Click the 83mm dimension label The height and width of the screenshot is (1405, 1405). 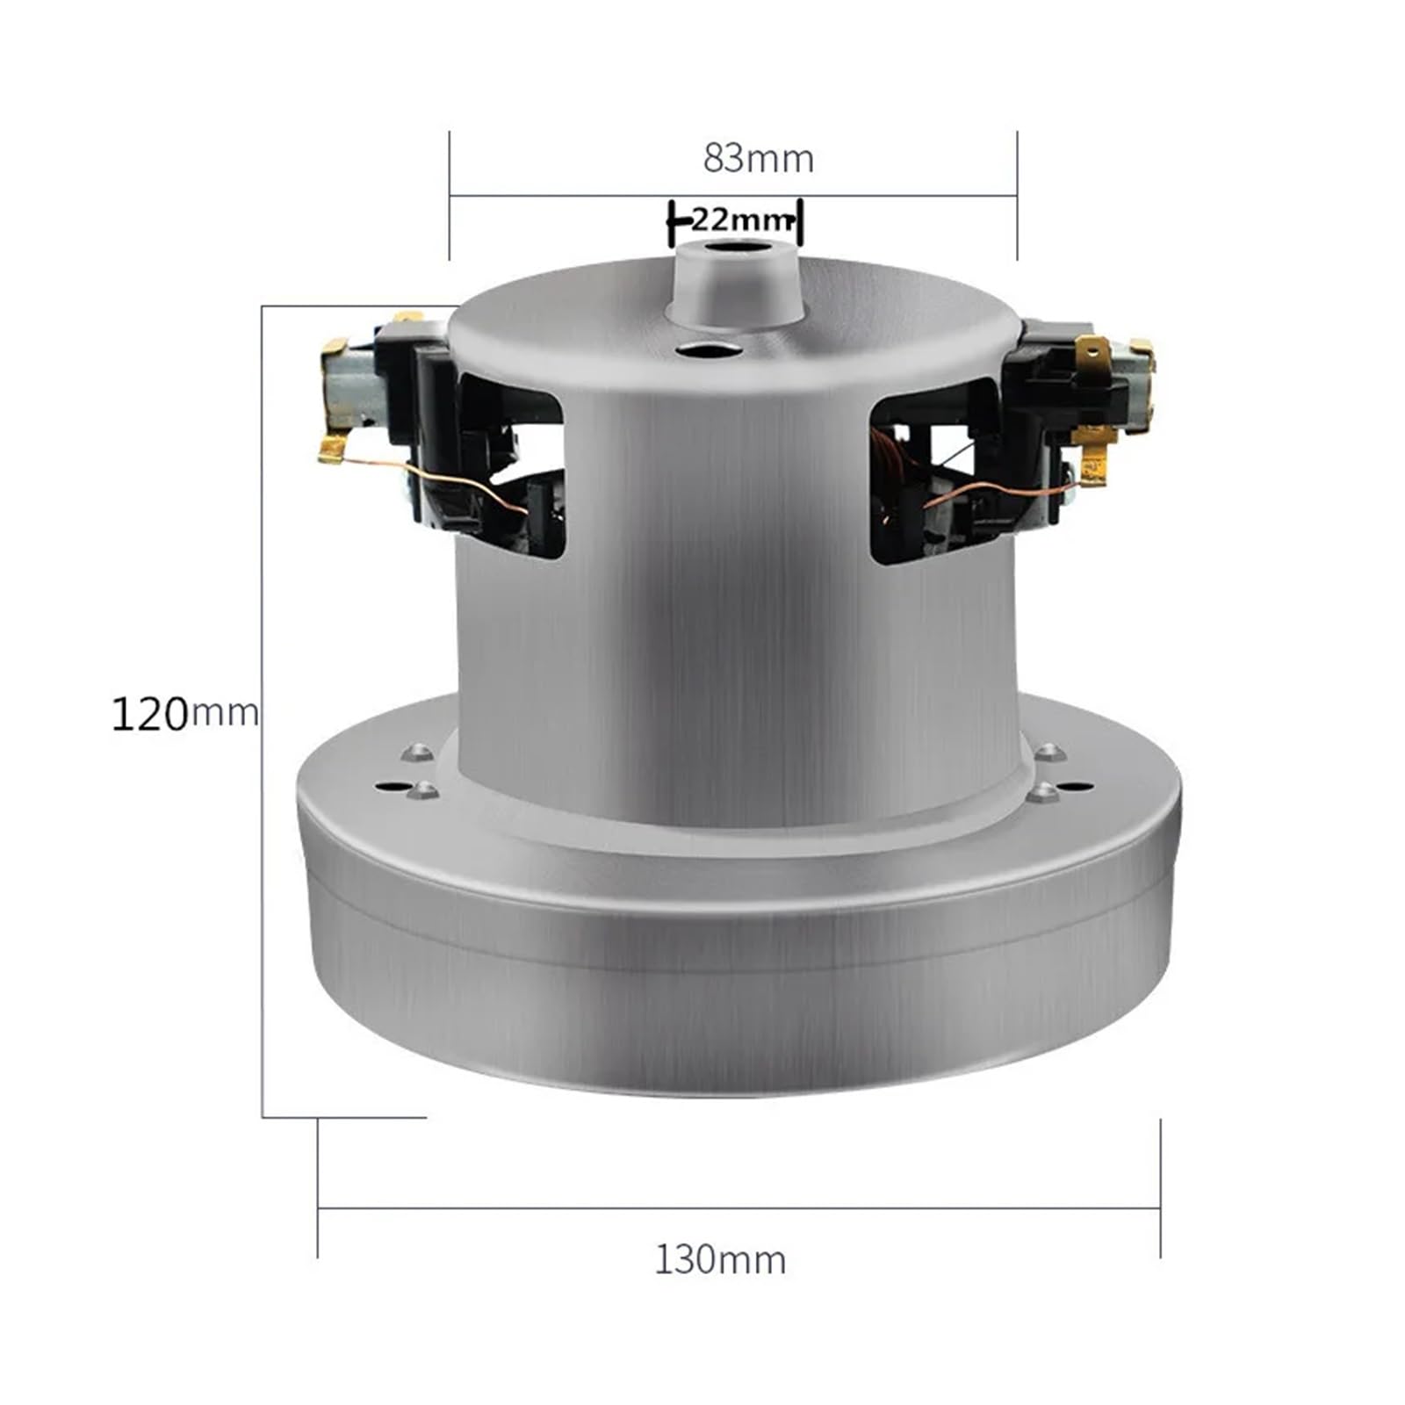[758, 159]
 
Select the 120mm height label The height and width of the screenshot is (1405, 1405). [184, 713]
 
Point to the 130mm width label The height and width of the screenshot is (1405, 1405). [720, 1260]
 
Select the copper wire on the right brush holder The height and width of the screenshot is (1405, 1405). [975, 492]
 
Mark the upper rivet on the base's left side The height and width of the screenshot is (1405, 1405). [416, 753]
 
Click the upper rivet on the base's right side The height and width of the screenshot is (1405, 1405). [1050, 753]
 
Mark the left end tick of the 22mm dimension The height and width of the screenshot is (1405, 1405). [672, 222]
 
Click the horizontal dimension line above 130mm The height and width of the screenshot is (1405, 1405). [738, 1209]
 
